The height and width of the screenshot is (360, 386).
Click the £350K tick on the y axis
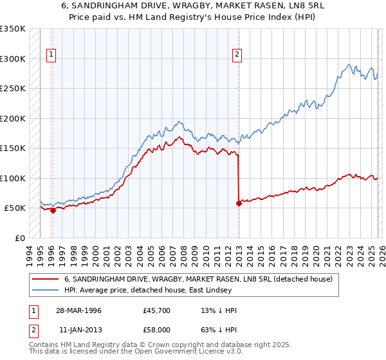(13, 29)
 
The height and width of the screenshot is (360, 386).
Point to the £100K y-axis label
(13, 178)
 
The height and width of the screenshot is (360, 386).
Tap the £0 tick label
(20, 238)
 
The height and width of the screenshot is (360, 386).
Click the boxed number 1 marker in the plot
(51, 55)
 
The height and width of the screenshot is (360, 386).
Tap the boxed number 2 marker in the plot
(237, 55)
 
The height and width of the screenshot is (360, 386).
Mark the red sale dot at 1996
(53, 210)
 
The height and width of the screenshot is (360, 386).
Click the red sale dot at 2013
(239, 203)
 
